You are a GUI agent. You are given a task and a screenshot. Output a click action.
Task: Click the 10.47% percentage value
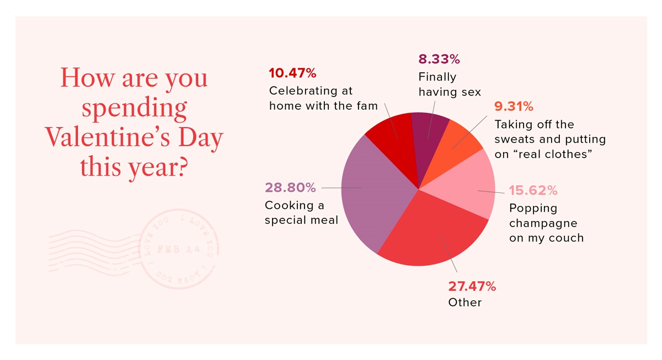[x=292, y=73]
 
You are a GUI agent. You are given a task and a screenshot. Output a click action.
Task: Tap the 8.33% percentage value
[x=439, y=59]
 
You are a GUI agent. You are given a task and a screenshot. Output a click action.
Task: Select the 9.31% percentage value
[x=514, y=106]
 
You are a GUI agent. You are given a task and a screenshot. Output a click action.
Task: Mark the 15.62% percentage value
[x=533, y=191]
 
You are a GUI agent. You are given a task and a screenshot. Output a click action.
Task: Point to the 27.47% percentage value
[x=472, y=287]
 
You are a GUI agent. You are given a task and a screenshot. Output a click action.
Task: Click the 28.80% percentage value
[x=290, y=188]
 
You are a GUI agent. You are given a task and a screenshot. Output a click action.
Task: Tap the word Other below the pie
[x=465, y=303]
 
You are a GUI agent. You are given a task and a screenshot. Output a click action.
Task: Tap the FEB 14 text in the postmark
[x=176, y=249]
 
